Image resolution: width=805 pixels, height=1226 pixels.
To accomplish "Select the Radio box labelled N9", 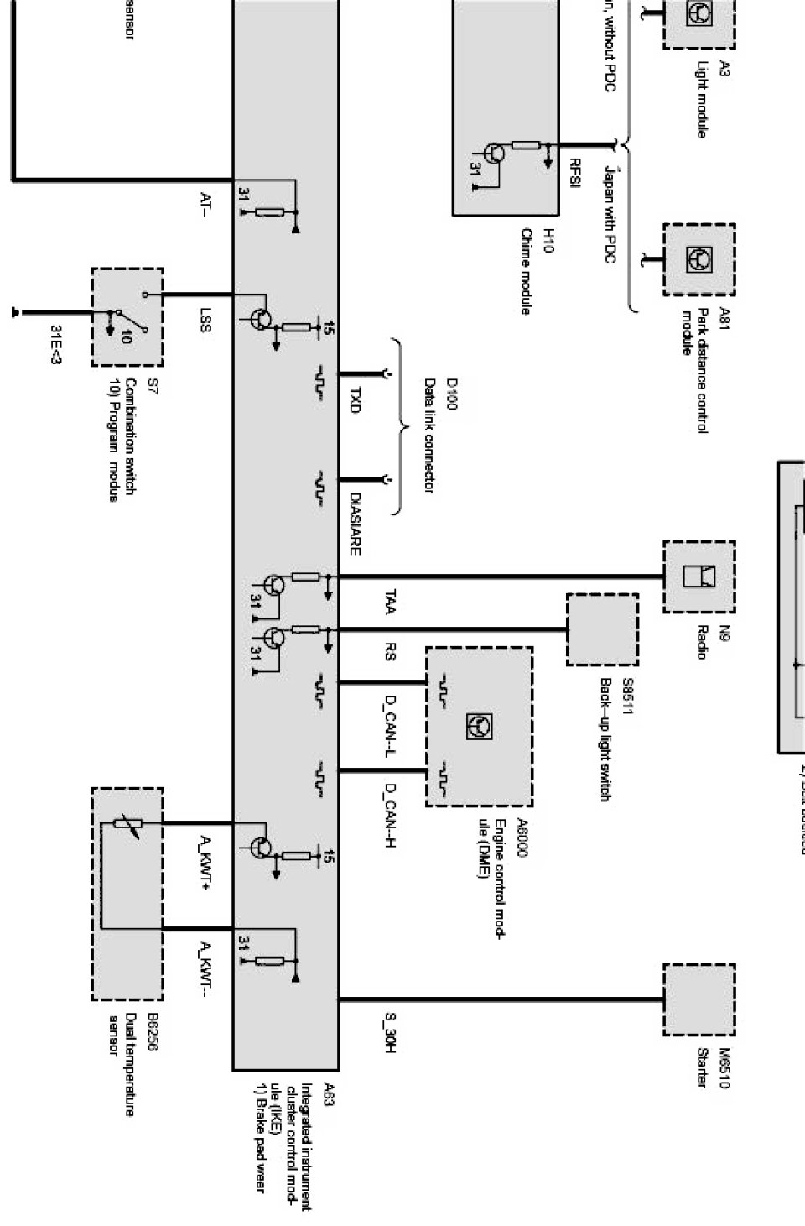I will [699, 576].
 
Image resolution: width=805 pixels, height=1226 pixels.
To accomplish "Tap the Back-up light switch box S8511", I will [601, 629].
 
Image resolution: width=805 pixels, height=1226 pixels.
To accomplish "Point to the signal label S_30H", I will [390, 1033].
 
